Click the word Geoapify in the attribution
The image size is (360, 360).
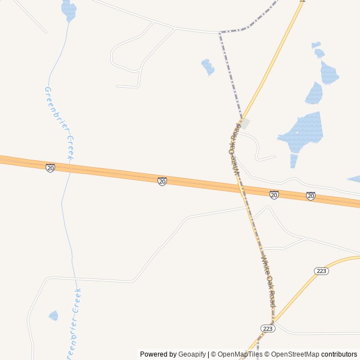(x=192, y=354)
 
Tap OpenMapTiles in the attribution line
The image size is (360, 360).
(x=240, y=354)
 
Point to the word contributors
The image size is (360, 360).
(x=339, y=354)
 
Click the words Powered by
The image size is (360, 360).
(x=158, y=354)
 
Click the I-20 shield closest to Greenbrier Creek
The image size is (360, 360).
(x=51, y=168)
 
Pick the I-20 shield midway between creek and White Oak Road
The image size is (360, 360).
(x=162, y=181)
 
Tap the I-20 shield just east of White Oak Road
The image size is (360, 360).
(x=274, y=195)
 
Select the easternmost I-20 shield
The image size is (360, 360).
(x=310, y=196)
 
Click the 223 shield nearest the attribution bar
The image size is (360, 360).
(x=268, y=328)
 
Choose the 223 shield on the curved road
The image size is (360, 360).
(x=321, y=271)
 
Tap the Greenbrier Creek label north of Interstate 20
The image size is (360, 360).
(x=58, y=124)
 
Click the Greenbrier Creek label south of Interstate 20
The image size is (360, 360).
(x=74, y=323)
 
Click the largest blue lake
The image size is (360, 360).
(x=304, y=133)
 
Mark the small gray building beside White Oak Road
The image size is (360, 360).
(x=245, y=123)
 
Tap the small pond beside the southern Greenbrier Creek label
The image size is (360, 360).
(x=53, y=316)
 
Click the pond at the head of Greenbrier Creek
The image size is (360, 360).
(x=69, y=10)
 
